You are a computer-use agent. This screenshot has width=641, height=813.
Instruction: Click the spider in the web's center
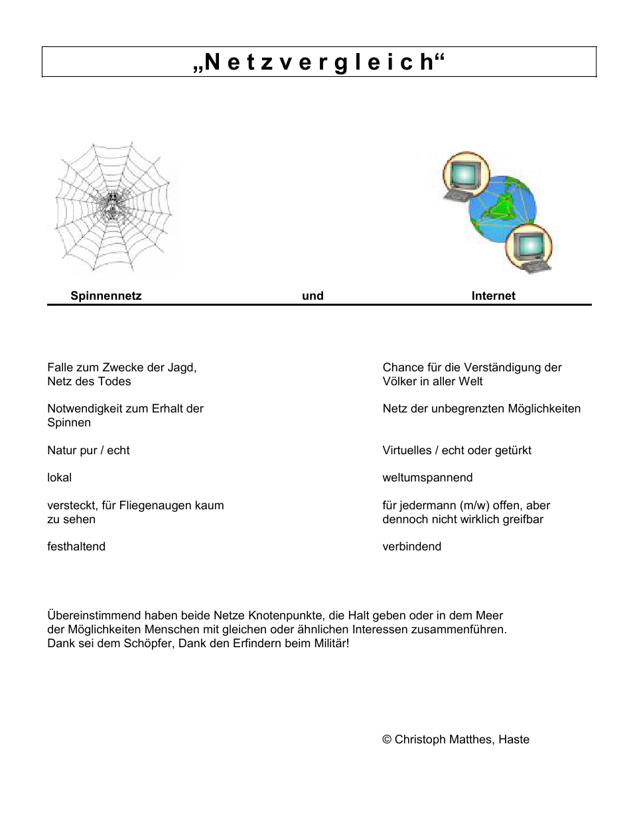112,206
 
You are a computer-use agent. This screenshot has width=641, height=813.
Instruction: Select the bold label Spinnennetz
106,296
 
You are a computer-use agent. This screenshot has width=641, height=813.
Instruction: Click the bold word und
313,296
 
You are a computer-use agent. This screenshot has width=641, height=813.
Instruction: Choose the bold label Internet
493,296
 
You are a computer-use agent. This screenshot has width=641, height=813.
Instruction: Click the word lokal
59,477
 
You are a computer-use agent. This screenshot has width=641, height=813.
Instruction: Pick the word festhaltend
76,546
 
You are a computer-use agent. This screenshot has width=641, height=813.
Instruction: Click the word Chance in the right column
403,367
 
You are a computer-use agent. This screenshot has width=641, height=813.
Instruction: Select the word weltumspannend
427,477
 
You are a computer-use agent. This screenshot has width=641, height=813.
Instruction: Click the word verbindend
411,546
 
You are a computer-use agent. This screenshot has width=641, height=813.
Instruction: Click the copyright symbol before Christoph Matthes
387,739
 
